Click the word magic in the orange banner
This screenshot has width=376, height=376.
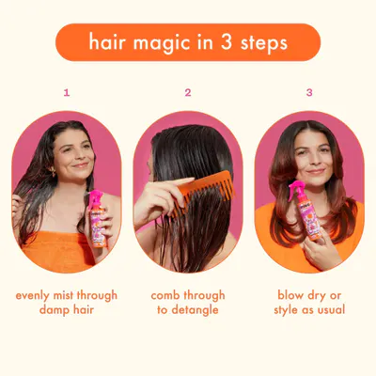pyautogui.click(x=162, y=43)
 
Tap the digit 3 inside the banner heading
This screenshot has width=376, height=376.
pyautogui.click(x=227, y=41)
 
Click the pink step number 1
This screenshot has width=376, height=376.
pyautogui.click(x=67, y=92)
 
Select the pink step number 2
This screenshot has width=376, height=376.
pyautogui.click(x=188, y=92)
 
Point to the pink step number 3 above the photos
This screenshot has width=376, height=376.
pyautogui.click(x=309, y=92)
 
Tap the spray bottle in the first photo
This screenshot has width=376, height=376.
pyautogui.click(x=97, y=219)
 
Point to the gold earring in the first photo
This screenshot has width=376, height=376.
pyautogui.click(x=53, y=172)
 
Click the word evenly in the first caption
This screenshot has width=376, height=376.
pyautogui.click(x=33, y=296)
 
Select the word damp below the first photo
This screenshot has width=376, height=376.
pyautogui.click(x=54, y=310)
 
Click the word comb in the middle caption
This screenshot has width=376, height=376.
pyautogui.click(x=165, y=295)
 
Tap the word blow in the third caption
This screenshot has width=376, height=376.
pyautogui.click(x=290, y=295)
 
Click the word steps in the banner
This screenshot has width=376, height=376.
pyautogui.click(x=264, y=43)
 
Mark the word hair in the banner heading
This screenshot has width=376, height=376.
pyautogui.click(x=107, y=41)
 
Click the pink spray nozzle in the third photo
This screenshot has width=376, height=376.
pyautogui.click(x=295, y=189)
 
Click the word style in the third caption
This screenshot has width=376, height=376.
pyautogui.click(x=287, y=310)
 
